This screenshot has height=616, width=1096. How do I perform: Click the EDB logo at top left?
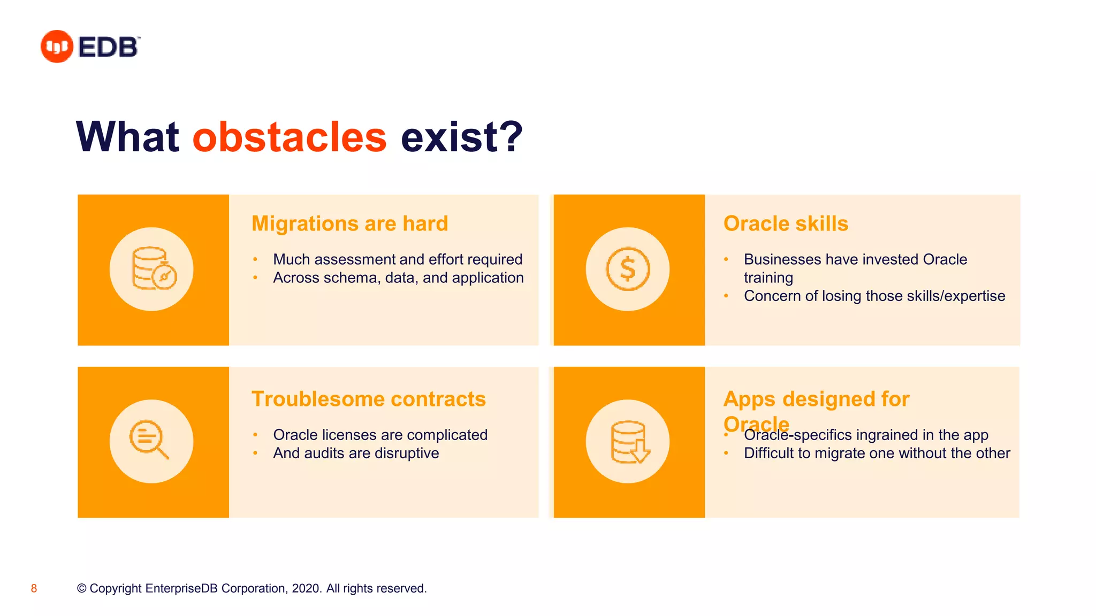tap(90, 47)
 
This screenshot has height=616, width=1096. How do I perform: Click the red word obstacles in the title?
tap(289, 137)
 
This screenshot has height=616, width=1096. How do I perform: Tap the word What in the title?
tap(127, 137)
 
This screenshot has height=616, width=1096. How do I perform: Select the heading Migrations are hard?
tap(349, 224)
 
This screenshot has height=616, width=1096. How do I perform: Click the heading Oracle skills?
tap(785, 224)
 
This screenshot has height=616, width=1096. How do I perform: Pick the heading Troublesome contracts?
tap(368, 399)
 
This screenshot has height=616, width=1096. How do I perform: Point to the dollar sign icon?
tap(627, 269)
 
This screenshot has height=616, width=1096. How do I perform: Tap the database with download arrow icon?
tap(629, 442)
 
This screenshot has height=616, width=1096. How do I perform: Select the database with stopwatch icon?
tap(153, 269)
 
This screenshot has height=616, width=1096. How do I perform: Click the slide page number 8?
tap(34, 589)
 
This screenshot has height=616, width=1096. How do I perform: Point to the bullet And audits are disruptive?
tap(355, 453)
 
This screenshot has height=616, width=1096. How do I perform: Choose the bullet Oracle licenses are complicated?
tap(380, 435)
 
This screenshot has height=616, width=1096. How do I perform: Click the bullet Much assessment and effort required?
tap(397, 259)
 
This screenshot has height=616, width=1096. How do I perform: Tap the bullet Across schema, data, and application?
tap(398, 278)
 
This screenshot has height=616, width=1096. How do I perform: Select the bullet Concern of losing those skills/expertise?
tap(874, 296)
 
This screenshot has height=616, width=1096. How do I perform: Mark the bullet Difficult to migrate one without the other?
tap(877, 453)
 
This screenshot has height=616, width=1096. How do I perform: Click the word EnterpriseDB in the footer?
tap(181, 589)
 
